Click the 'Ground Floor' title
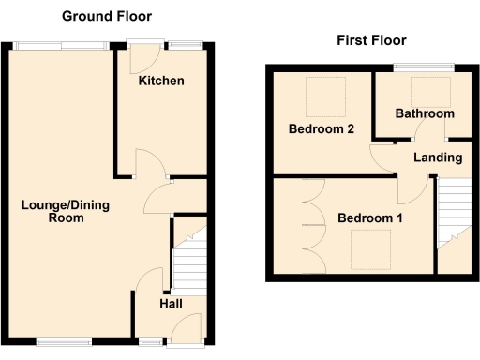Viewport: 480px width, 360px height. (x=106, y=17)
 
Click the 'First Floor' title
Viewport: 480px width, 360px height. (x=371, y=40)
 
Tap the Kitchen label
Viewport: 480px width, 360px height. (x=161, y=82)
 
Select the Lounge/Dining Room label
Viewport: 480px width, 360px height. (x=52, y=211)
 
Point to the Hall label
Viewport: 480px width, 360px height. (x=170, y=304)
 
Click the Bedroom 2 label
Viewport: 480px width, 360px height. (x=321, y=129)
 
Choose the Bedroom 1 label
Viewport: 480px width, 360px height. (x=370, y=218)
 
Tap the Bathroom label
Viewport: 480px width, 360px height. (x=424, y=113)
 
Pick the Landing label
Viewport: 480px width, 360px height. (x=436, y=157)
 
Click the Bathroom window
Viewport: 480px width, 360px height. (x=424, y=66)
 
